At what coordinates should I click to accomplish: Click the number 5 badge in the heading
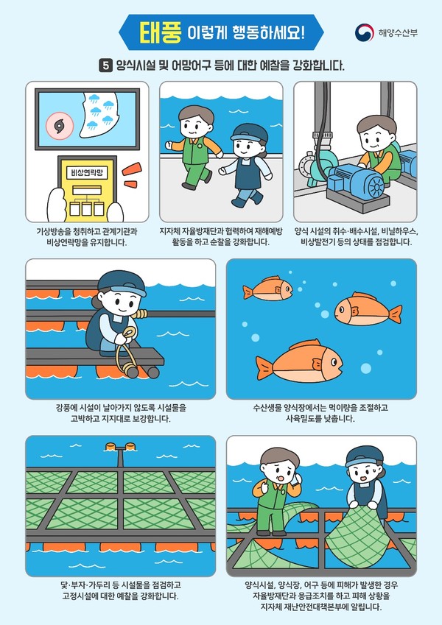point(106,66)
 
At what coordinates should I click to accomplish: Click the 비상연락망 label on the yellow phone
point(82,172)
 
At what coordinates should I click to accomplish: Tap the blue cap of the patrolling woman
point(246,132)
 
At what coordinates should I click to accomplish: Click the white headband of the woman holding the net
point(362,462)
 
